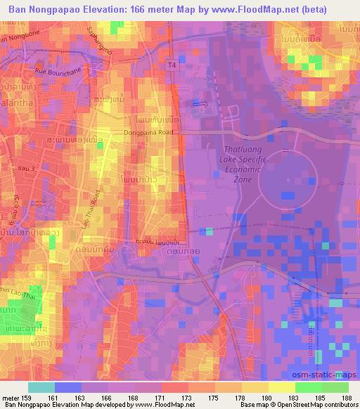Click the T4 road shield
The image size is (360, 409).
pyautogui.click(x=172, y=65)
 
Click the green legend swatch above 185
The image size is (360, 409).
pyautogui.click(x=308, y=387)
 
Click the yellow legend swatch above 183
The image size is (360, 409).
pyautogui.click(x=281, y=387)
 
